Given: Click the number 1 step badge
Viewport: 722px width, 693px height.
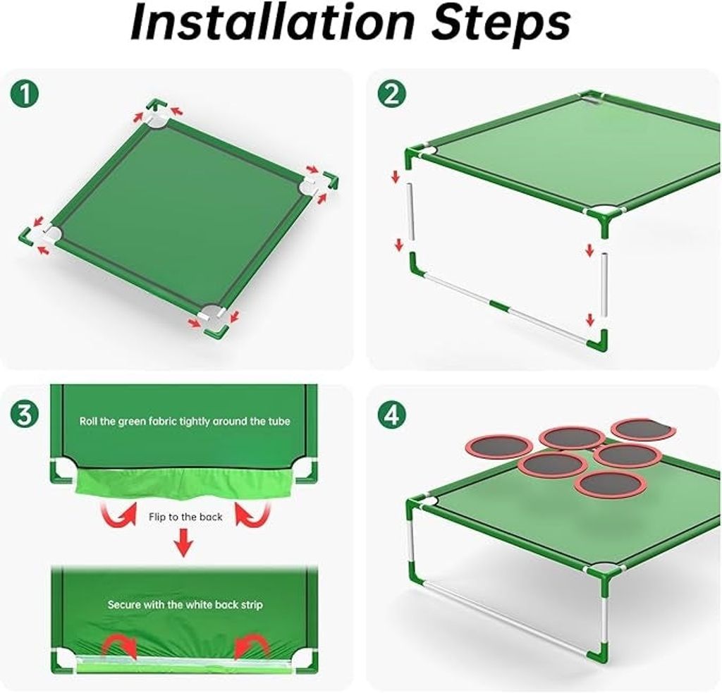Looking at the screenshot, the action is [25, 94].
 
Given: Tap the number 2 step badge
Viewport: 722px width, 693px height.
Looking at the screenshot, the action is [392, 94].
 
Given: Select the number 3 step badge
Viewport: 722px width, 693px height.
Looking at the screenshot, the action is [25, 415].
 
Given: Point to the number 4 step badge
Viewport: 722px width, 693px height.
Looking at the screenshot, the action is [392, 415].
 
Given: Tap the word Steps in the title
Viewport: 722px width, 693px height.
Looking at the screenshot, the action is [501, 24].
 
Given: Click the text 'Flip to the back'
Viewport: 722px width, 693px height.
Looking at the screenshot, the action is [185, 517].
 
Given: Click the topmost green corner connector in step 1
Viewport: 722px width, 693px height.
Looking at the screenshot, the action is [154, 106].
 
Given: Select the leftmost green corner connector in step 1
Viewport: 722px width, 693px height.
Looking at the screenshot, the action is [27, 235].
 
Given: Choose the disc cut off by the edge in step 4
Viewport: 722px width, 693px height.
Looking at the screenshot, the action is [644, 429].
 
